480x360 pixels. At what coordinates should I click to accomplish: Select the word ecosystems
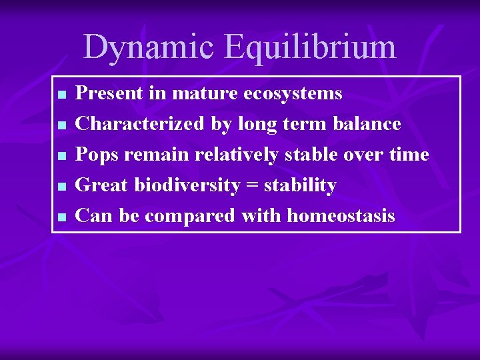pyautogui.click(x=293, y=93)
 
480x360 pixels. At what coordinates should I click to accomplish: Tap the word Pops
pyautogui.click(x=97, y=155)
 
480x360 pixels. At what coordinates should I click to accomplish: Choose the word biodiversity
pyautogui.click(x=187, y=185)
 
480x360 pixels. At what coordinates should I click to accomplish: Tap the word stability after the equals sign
pyautogui.click(x=301, y=185)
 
